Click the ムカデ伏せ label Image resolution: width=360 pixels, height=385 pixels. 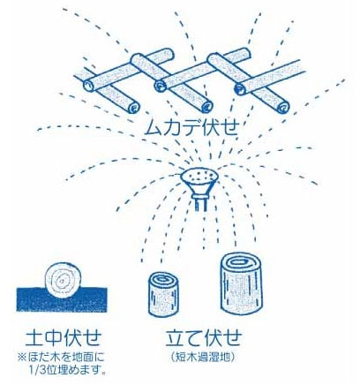pyautogui.click(x=193, y=125)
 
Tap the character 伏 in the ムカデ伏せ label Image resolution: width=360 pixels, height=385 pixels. pyautogui.click(x=211, y=125)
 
